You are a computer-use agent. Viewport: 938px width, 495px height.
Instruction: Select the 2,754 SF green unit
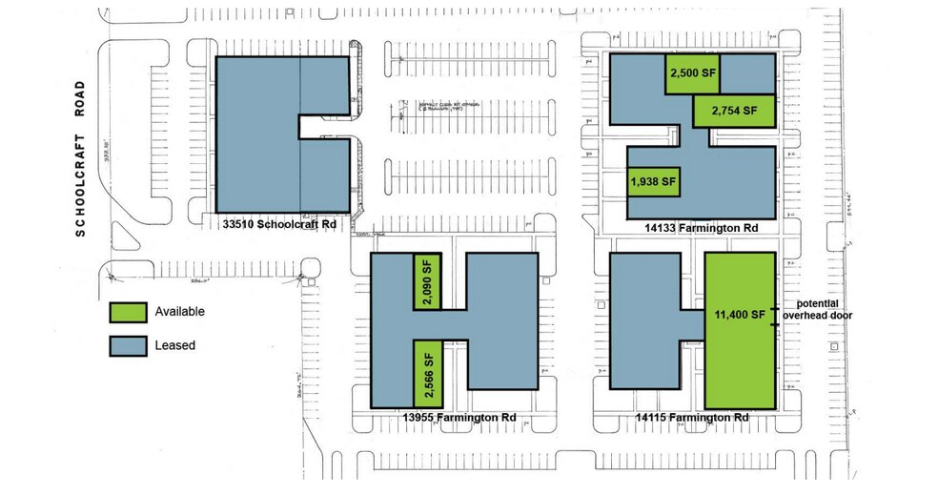tap(733, 111)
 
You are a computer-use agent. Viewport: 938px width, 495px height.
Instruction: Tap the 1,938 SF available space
tap(653, 180)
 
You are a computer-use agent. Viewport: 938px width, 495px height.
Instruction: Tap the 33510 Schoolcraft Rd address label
tap(279, 225)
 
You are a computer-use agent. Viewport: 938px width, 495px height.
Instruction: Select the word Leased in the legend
tap(173, 344)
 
